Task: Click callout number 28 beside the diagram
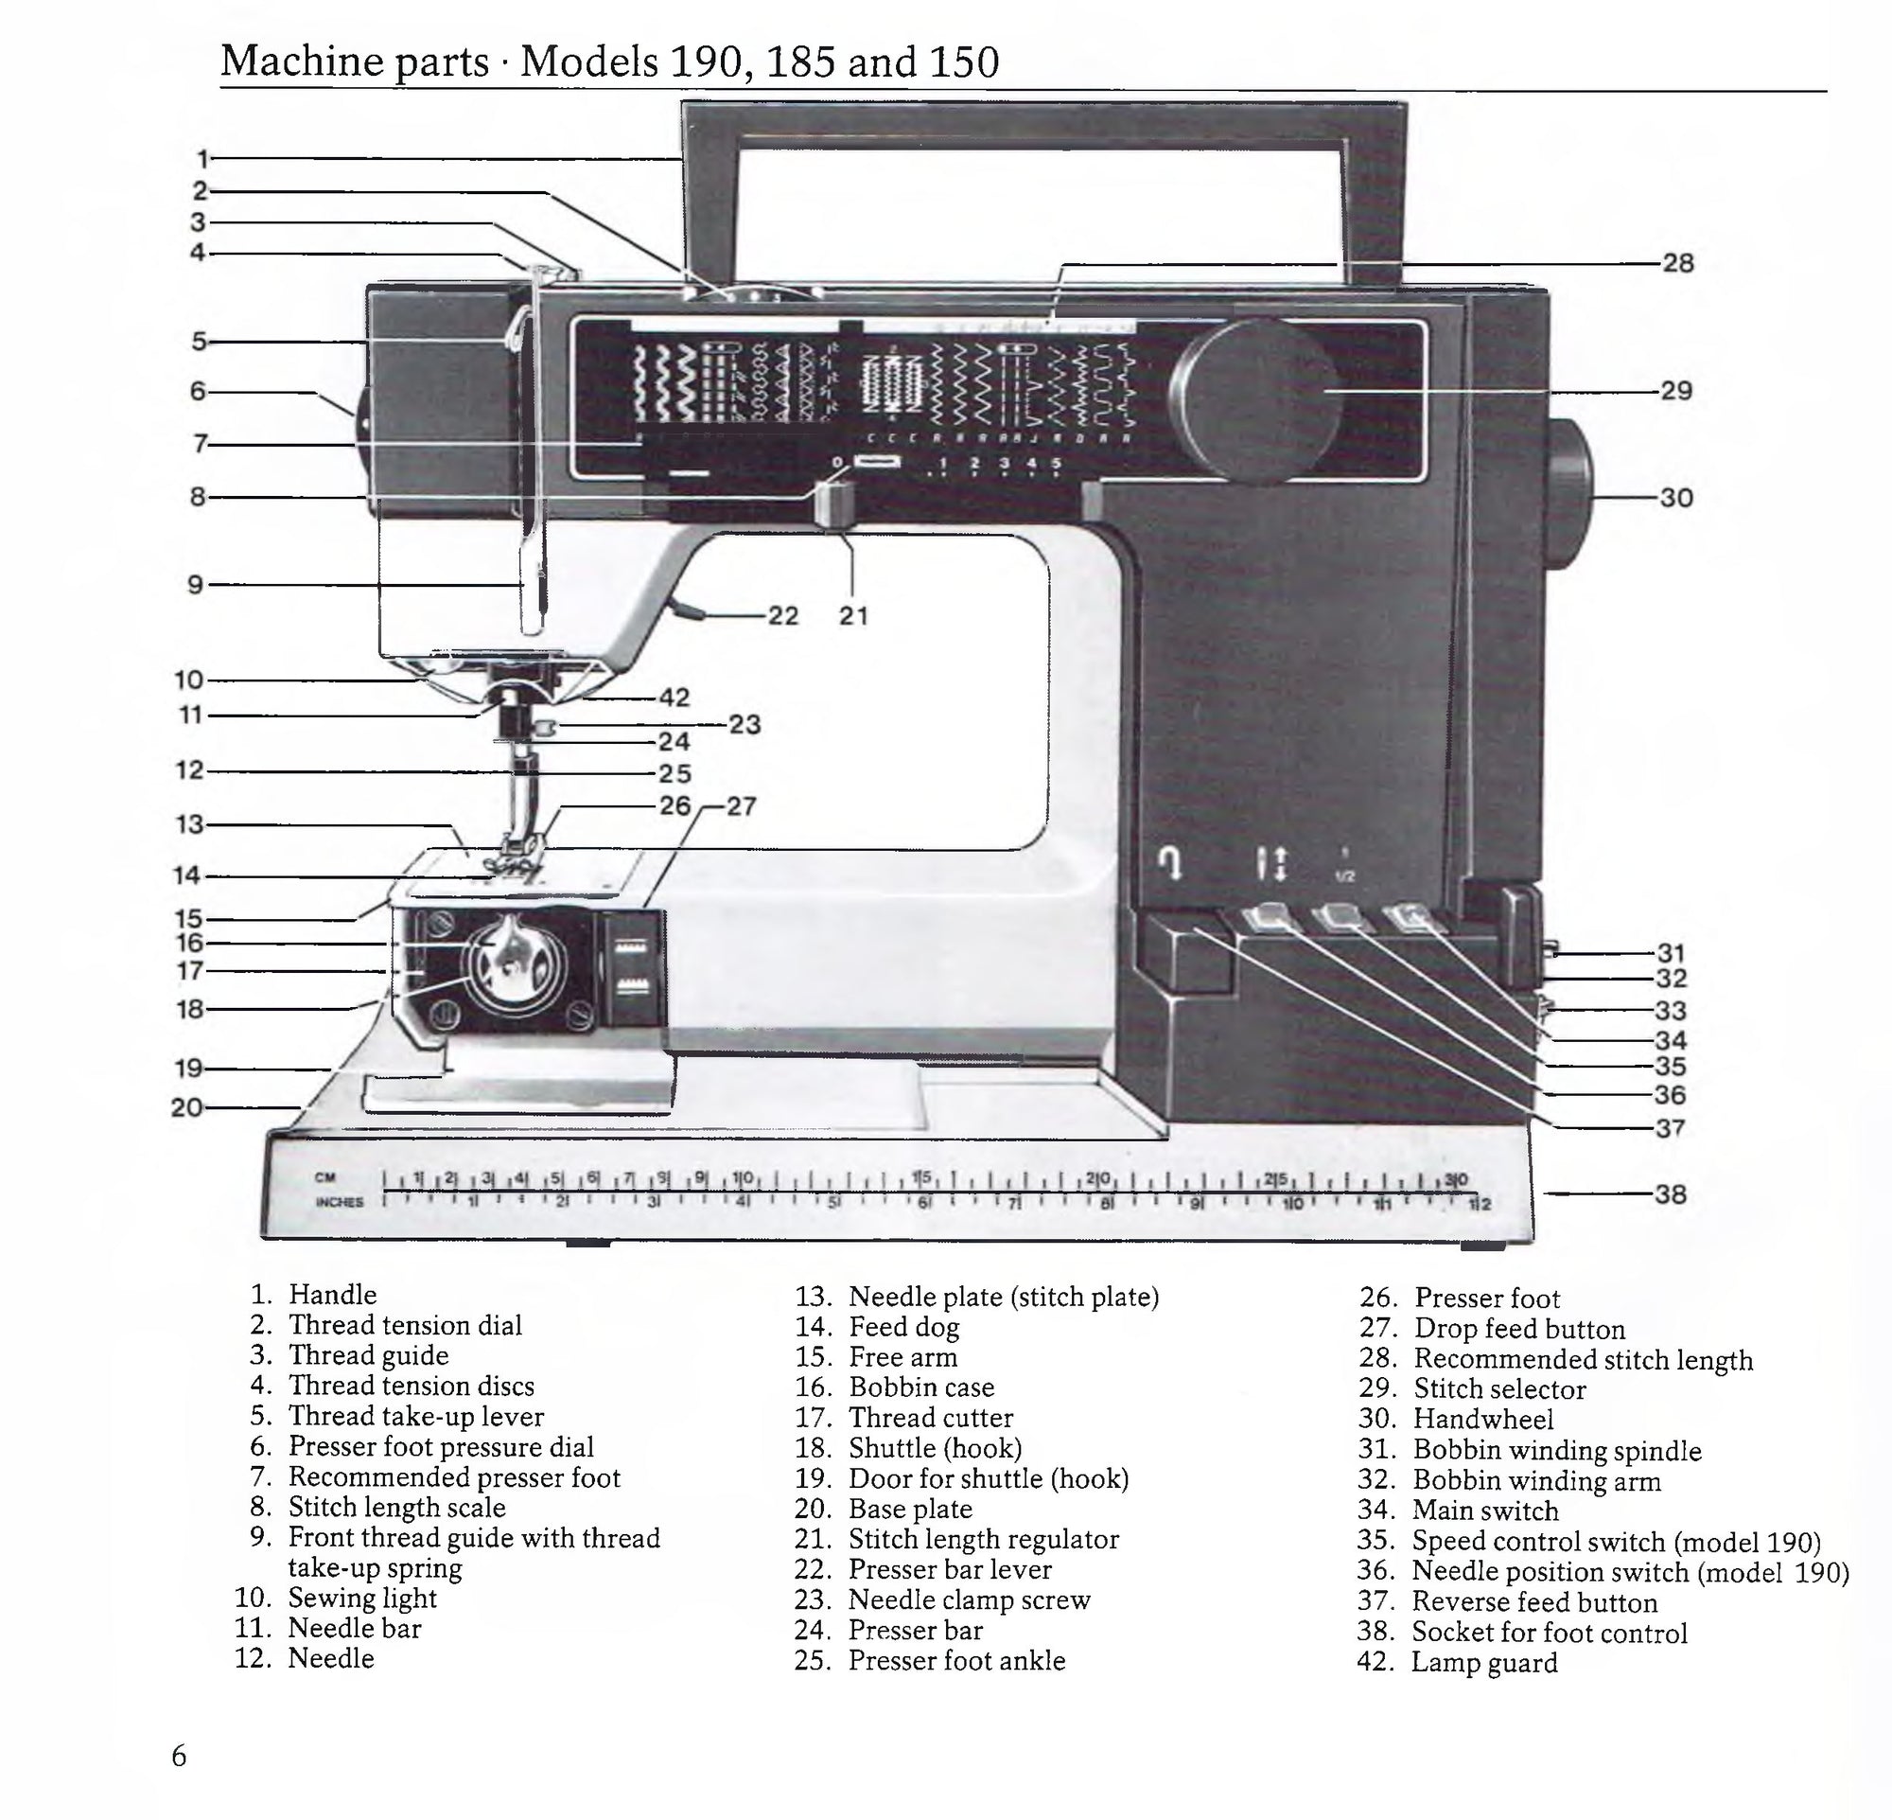pyautogui.click(x=1677, y=264)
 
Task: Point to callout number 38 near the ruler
pyautogui.click(x=1670, y=1194)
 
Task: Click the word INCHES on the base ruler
pyautogui.click(x=339, y=1202)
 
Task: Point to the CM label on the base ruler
pyautogui.click(x=325, y=1178)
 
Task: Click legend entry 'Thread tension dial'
pyautogui.click(x=405, y=1325)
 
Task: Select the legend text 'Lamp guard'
pyautogui.click(x=1483, y=1663)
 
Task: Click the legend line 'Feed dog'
pyautogui.click(x=903, y=1327)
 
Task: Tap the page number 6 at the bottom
pyautogui.click(x=179, y=1756)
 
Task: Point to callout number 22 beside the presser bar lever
pyautogui.click(x=783, y=616)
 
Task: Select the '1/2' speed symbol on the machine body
pyautogui.click(x=1344, y=875)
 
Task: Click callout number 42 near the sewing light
pyautogui.click(x=674, y=698)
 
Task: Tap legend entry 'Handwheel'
pyautogui.click(x=1482, y=1420)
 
